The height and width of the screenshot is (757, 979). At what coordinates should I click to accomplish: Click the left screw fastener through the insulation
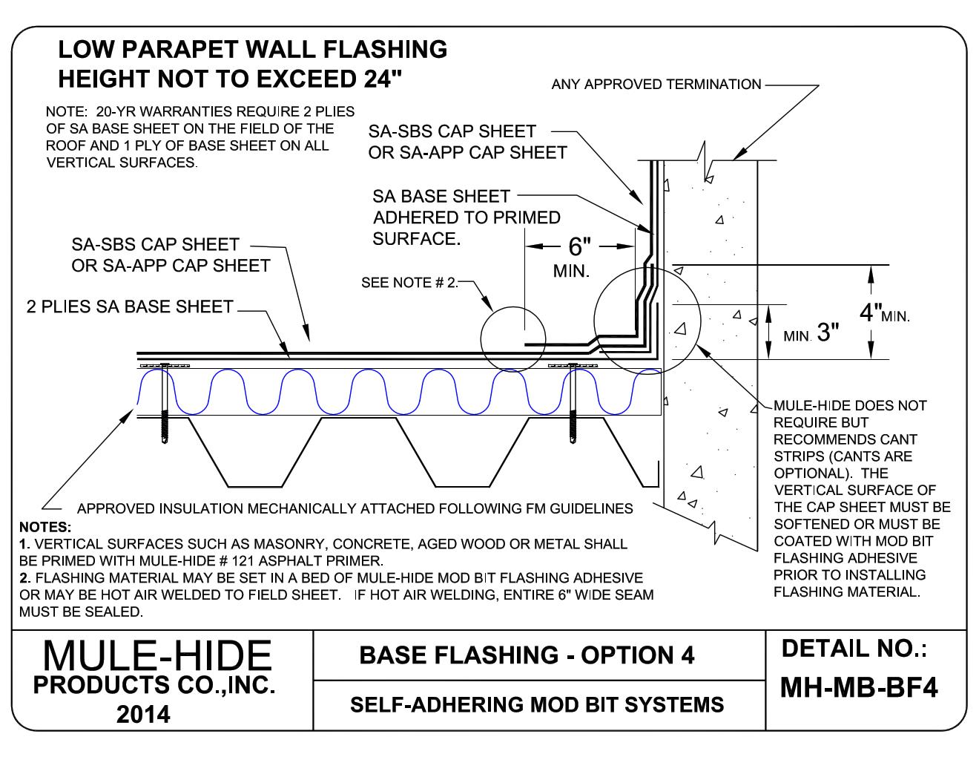pyautogui.click(x=164, y=405)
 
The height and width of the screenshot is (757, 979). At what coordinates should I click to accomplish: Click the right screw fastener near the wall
pyautogui.click(x=573, y=405)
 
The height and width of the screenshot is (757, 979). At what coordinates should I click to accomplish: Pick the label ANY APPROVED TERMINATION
pyautogui.click(x=656, y=85)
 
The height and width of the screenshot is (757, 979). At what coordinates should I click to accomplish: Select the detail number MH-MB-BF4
pyautogui.click(x=859, y=688)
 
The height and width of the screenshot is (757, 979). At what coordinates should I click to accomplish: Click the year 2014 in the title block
pyautogui.click(x=143, y=714)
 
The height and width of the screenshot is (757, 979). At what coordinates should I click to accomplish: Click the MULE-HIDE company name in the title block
pyautogui.click(x=157, y=656)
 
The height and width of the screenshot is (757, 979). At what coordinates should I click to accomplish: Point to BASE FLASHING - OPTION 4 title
pyautogui.click(x=527, y=655)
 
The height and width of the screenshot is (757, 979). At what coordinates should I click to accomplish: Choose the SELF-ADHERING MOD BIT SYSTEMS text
pyautogui.click(x=536, y=704)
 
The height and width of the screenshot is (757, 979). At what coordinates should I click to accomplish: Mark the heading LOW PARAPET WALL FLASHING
pyautogui.click(x=252, y=50)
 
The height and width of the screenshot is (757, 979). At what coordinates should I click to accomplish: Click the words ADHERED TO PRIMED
pyautogui.click(x=467, y=217)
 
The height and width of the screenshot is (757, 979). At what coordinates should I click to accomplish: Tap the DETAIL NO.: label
pyautogui.click(x=854, y=649)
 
